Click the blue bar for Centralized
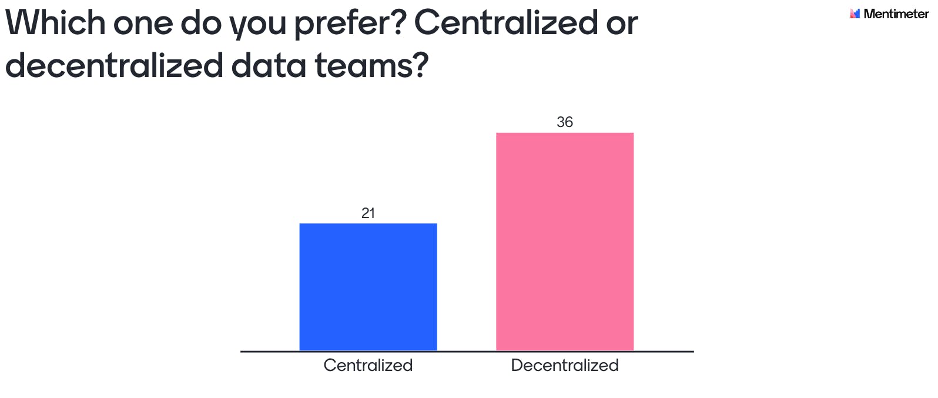tap(368, 287)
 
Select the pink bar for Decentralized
tap(565, 242)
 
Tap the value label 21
tap(368, 213)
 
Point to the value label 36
tap(565, 122)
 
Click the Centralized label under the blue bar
tap(368, 365)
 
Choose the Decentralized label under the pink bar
tap(565, 365)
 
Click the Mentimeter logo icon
tap(855, 14)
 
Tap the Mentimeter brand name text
tap(896, 14)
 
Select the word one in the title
tap(143, 24)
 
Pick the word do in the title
tap(201, 24)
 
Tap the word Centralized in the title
tap(506, 24)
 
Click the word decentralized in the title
tap(114, 65)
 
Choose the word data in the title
tap(269, 65)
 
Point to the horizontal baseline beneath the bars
tap(467, 352)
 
